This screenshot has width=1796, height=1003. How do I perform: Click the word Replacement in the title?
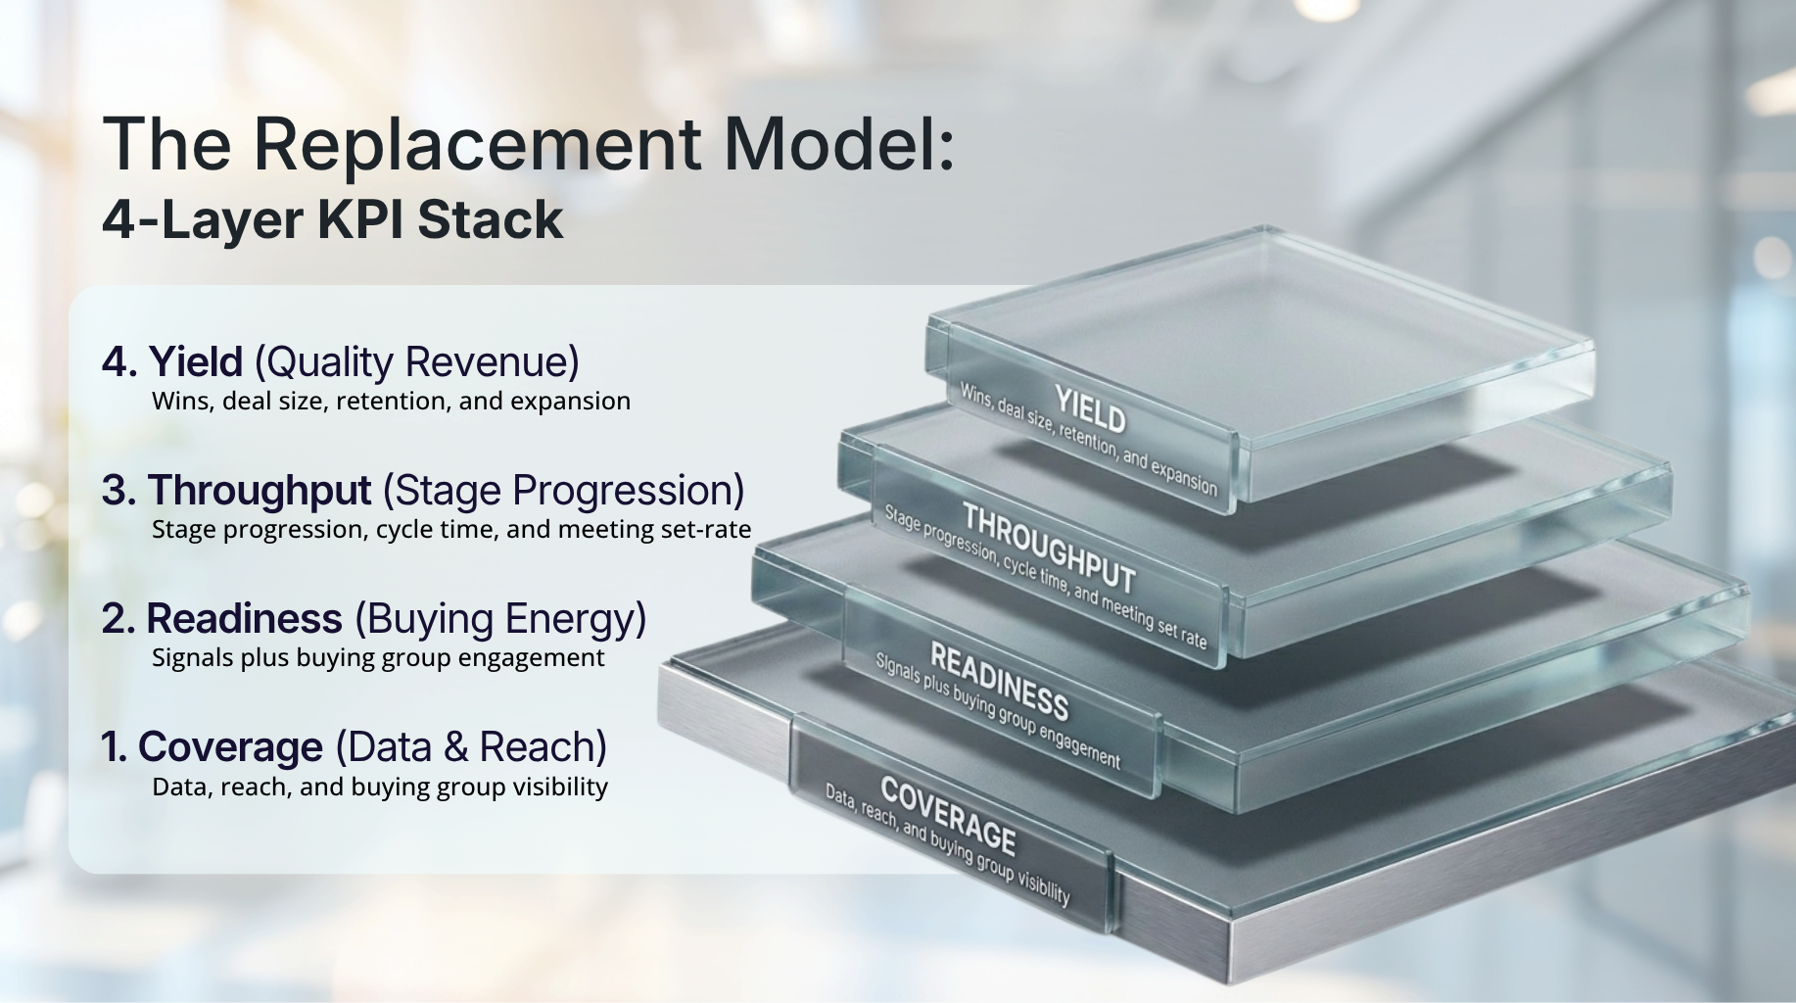[477, 144]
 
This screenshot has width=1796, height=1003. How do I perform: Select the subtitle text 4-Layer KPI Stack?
[333, 219]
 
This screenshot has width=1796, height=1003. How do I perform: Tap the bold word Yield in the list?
[196, 361]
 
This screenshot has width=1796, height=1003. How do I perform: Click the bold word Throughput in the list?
[260, 491]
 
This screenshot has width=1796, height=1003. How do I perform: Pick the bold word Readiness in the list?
[245, 619]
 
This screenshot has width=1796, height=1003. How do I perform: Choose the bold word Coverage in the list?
[230, 747]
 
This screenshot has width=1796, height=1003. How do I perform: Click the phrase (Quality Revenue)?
[417, 362]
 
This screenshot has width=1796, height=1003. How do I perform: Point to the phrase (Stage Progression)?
[564, 492]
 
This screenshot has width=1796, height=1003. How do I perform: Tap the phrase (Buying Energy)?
[500, 620]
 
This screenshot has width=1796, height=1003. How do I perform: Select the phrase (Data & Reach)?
[471, 748]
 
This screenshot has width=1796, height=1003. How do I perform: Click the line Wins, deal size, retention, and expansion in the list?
[391, 402]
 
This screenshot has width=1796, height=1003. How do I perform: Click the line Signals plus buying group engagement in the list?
[378, 658]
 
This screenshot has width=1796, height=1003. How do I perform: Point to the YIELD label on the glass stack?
[1090, 409]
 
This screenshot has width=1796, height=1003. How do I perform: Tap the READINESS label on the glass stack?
[999, 681]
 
